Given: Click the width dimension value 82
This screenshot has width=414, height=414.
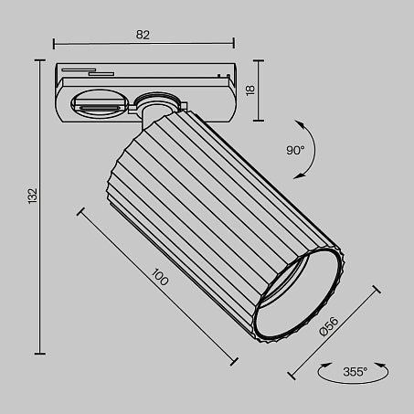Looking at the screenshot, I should pyautogui.click(x=143, y=34).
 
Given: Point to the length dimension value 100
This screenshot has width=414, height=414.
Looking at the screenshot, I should pyautogui.click(x=161, y=279).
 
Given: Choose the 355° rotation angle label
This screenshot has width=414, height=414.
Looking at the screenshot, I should pyautogui.click(x=355, y=372).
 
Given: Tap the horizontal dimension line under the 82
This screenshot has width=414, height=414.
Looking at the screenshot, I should pyautogui.click(x=143, y=44).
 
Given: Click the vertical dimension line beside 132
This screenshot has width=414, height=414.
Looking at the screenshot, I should pyautogui.click(x=41, y=207).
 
